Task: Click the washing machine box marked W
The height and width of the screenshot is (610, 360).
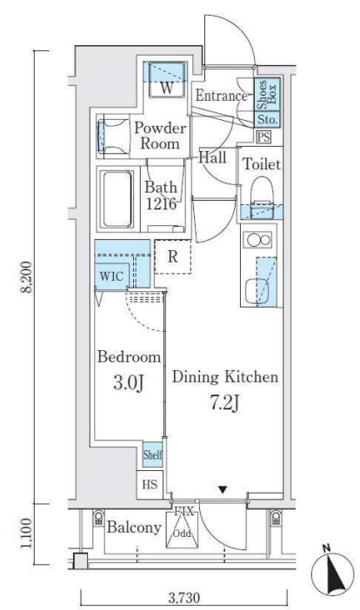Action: tap(166, 80)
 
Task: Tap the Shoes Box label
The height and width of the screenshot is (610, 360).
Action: tap(268, 94)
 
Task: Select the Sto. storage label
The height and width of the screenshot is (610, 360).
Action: tap(267, 119)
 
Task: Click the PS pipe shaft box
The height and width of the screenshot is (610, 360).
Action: tap(263, 137)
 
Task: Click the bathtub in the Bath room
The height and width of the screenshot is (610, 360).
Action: tap(117, 199)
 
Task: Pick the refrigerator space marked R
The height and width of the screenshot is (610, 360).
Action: tap(173, 256)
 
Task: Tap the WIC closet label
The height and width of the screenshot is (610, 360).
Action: tap(111, 276)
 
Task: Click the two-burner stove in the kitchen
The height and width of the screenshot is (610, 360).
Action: tap(257, 240)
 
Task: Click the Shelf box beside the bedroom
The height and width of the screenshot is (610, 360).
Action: tap(152, 454)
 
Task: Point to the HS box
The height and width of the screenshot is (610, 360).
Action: tap(150, 485)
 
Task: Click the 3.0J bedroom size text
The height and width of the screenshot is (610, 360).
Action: tap(129, 383)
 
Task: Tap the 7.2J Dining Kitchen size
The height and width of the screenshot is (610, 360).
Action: tap(225, 403)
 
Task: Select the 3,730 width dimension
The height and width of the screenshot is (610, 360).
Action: tap(184, 597)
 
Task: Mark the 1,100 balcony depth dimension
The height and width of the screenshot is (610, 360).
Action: tap(26, 534)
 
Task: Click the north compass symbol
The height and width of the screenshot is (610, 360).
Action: tap(332, 572)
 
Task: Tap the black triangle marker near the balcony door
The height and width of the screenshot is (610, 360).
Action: tap(223, 489)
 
